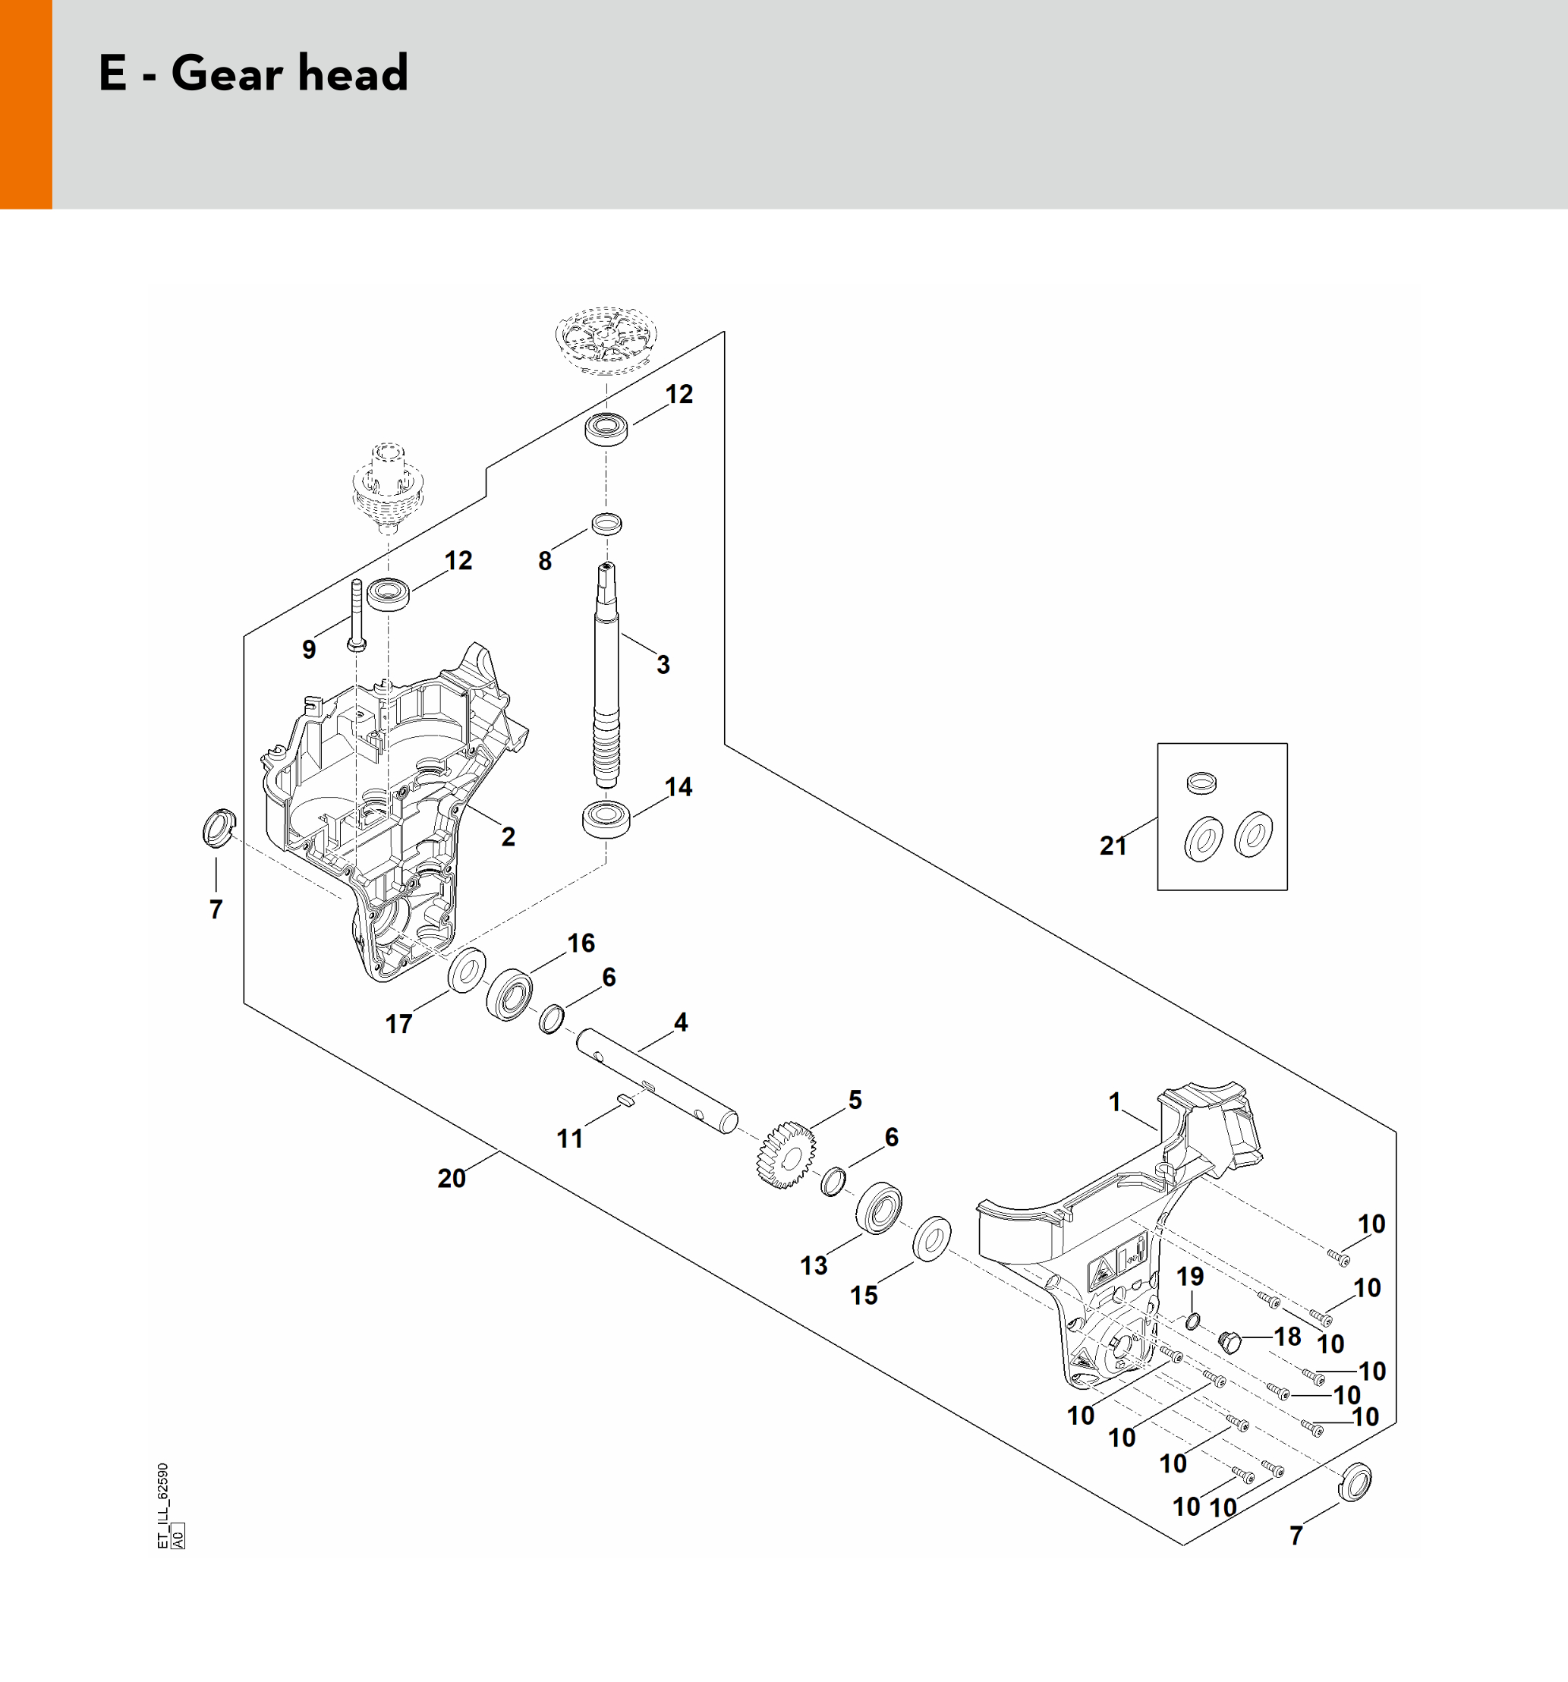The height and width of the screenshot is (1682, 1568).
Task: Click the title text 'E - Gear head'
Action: pos(253,74)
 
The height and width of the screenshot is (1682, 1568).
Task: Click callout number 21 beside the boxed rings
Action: pos(1113,846)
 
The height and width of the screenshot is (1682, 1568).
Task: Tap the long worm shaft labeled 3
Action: pos(606,677)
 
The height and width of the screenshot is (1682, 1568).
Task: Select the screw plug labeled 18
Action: pos(1230,1340)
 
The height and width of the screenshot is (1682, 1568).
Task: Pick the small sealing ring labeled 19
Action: pos(1192,1321)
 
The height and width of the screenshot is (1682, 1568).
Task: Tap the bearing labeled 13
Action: pos(878,1208)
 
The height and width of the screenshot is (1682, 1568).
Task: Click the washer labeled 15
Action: pos(932,1239)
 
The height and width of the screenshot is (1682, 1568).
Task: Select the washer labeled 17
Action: pos(466,971)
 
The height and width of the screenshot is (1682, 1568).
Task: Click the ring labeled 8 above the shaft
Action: pos(606,524)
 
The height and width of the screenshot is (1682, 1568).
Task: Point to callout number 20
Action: pos(451,1178)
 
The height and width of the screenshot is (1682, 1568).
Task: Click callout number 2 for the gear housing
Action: pos(508,836)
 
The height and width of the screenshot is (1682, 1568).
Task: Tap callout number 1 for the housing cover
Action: pos(1114,1101)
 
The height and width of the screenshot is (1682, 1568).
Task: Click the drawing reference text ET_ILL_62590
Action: pos(163,1505)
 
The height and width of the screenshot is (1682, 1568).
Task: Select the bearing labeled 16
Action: pos(508,996)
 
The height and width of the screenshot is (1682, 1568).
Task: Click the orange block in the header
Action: pos(25,104)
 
